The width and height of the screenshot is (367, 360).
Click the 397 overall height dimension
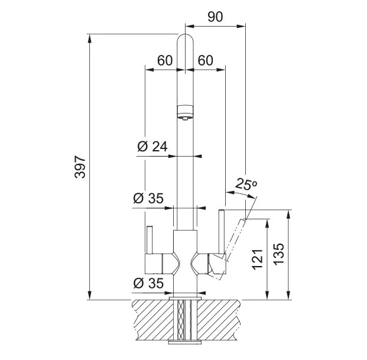80,167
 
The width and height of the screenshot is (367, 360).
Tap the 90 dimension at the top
215,17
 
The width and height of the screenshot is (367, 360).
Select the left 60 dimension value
165,60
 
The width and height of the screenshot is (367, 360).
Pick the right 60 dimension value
205,60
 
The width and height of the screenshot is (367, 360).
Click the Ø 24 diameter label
152,147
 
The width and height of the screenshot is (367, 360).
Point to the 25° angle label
246,184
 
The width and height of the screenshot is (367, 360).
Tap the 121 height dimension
258,260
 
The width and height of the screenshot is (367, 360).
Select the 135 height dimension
278,254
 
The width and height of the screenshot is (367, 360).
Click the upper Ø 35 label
148,198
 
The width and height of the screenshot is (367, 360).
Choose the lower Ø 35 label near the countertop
148,283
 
